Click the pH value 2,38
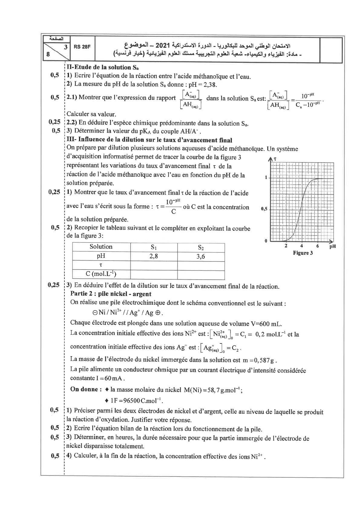[211, 85]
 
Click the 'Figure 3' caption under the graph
[303, 253]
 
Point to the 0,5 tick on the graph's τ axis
[264, 209]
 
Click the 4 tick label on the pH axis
[302, 246]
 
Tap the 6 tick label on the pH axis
[318, 246]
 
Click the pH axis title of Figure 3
[332, 246]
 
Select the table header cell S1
[154, 247]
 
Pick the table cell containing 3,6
[201, 257]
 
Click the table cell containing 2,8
[154, 257]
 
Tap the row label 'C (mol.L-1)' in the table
[101, 274]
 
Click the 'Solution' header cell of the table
[101, 247]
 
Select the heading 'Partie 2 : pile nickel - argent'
[111, 294]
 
